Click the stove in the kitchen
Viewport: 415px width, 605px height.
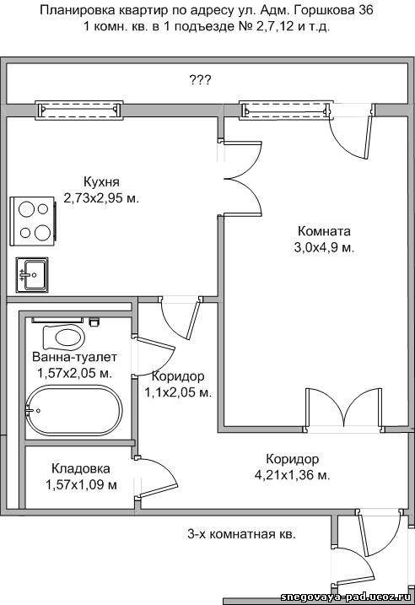(35, 220)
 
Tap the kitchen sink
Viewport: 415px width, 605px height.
(32, 274)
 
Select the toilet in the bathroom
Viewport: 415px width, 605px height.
(63, 337)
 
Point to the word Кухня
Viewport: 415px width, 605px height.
(101, 181)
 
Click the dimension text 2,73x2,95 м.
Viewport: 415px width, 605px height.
(101, 198)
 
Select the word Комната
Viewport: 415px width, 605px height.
(324, 231)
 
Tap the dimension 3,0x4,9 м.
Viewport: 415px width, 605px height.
(324, 248)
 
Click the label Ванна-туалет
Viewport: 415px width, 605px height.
(74, 357)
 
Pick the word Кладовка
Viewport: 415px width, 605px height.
(81, 468)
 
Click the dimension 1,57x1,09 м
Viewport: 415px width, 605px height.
(81, 484)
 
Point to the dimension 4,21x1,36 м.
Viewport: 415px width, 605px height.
(293, 475)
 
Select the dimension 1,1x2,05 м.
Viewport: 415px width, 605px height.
(178, 393)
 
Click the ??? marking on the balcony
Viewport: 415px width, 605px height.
(200, 80)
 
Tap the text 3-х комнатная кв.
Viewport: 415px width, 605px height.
(242, 534)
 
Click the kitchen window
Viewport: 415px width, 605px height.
(79, 110)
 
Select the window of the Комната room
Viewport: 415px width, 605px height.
(286, 110)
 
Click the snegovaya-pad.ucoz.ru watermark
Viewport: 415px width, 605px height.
(348, 597)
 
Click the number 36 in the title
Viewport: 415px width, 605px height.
(366, 10)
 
